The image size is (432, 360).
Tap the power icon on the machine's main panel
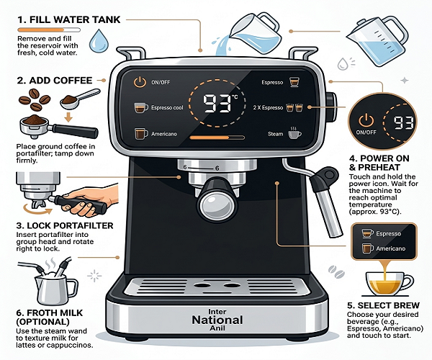pyautogui.click(x=140, y=82)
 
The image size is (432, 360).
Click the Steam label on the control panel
pyautogui.click(x=275, y=134)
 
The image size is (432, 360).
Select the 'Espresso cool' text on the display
pyautogui.click(x=167, y=107)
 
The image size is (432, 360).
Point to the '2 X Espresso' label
pyautogui.click(x=268, y=107)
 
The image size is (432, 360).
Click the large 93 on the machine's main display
pyautogui.click(x=217, y=104)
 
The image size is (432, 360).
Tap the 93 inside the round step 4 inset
pyautogui.click(x=404, y=123)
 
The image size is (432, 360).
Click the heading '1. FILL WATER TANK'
pyautogui.click(x=69, y=19)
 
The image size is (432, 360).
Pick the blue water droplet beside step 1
pyautogui.click(x=99, y=41)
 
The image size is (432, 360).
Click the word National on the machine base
pyautogui.click(x=217, y=320)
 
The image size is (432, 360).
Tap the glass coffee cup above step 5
pyautogui.click(x=390, y=284)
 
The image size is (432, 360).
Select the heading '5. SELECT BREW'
pyautogui.click(x=383, y=305)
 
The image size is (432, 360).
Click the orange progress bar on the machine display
pyautogui.click(x=217, y=138)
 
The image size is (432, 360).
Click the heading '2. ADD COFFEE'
pyautogui.click(x=55, y=81)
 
